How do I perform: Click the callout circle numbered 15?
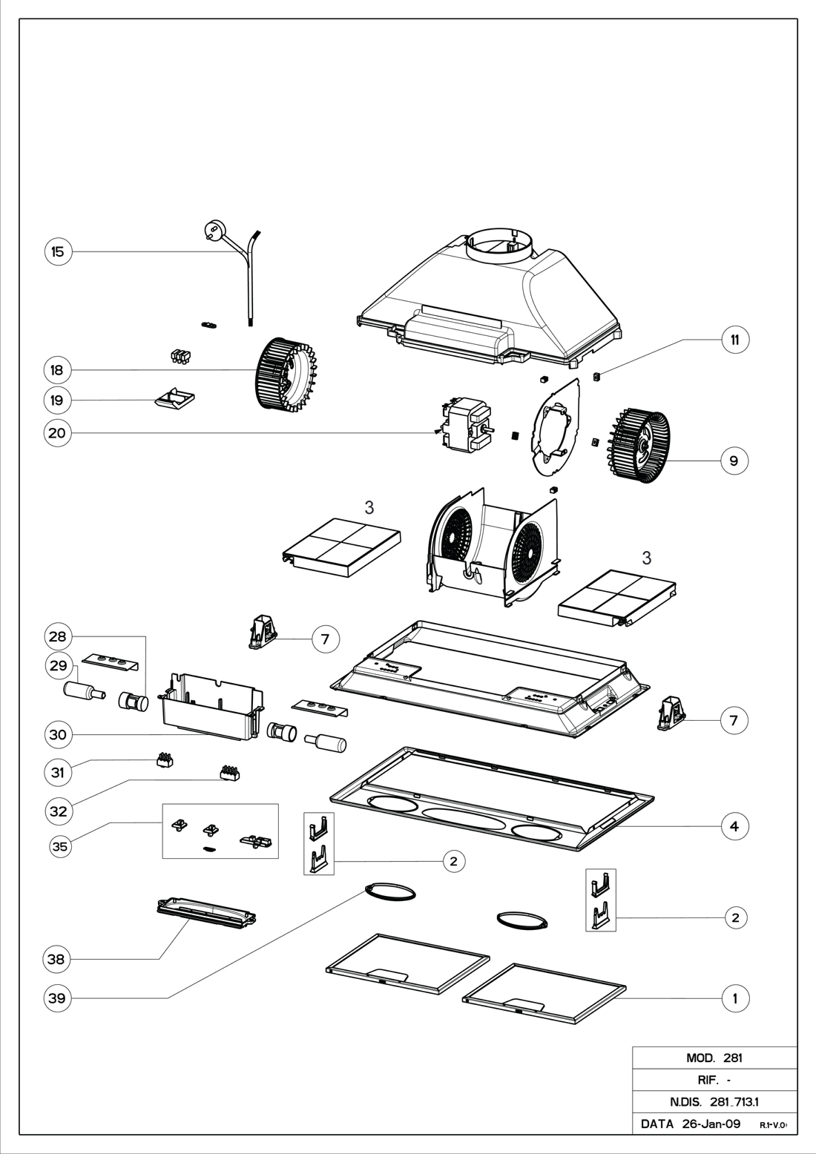(58, 251)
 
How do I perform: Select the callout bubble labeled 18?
(58, 369)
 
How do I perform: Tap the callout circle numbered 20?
(58, 433)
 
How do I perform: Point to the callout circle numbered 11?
(734, 340)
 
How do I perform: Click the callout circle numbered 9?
(734, 461)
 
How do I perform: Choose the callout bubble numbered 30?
(58, 735)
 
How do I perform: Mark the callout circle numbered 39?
(58, 998)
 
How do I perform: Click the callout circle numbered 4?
(734, 825)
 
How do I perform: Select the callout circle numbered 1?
(734, 998)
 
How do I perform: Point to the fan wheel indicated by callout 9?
(639, 446)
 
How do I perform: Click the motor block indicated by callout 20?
(462, 424)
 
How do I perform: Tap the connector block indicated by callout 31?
(164, 760)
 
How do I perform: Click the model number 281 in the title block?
(732, 1058)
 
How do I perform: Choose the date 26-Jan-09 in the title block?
(711, 1124)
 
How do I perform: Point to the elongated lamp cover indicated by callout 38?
(207, 912)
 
